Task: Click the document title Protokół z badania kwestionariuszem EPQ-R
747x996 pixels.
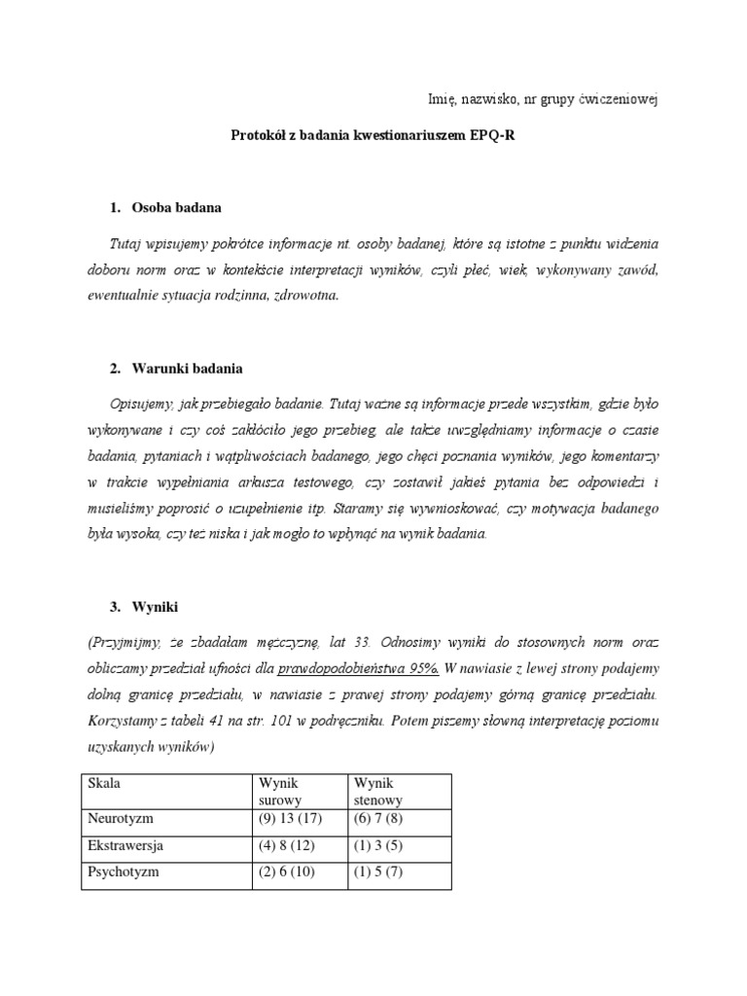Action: pos(373,136)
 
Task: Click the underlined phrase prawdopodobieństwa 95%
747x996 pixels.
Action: pos(358,668)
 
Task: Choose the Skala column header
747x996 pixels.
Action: pos(105,783)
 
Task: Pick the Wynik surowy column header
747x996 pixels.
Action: pos(280,792)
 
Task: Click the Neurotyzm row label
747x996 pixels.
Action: pos(121,819)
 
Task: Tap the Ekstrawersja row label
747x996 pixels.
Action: pos(125,845)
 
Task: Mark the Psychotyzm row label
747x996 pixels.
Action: pos(123,872)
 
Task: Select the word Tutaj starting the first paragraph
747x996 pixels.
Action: pos(130,241)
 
